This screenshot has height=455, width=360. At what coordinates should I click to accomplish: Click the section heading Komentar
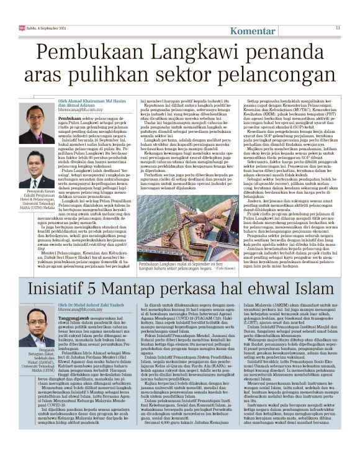point(254,30)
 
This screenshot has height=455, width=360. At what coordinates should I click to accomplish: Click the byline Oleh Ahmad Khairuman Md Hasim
point(99,101)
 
